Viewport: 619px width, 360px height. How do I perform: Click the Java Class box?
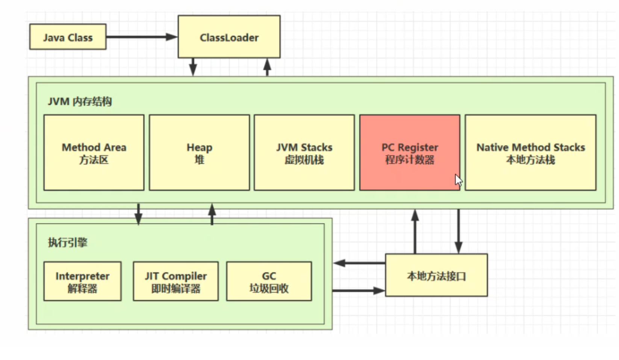68,37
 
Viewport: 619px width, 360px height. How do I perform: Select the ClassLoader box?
229,37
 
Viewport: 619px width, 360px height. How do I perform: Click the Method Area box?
94,153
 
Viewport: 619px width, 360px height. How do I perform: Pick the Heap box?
199,153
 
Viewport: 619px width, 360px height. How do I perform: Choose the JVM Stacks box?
304,153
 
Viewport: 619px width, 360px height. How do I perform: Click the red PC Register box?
409,153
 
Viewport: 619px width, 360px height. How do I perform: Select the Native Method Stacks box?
530,153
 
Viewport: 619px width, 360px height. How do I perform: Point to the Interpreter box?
82,281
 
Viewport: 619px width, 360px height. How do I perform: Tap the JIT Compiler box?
176,281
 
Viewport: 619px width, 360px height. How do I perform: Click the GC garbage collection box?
269,281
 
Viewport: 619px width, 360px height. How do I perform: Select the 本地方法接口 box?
436,275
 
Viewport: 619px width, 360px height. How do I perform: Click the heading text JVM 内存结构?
80,101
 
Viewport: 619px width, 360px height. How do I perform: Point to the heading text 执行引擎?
68,242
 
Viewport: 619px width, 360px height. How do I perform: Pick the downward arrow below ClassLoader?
193,67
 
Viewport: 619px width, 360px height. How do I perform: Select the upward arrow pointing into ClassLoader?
267,67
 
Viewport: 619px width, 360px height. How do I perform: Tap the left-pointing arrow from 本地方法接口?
359,263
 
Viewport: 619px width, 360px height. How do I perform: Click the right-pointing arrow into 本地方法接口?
359,290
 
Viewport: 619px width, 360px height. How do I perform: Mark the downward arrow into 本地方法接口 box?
458,231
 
